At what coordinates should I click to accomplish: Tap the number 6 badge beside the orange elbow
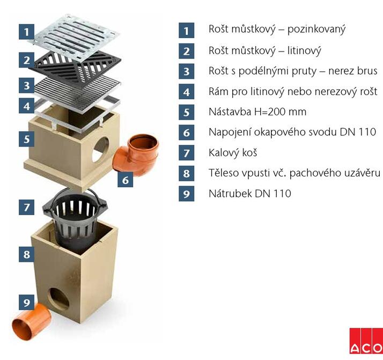point(126,180)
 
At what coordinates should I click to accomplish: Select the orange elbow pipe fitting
point(136,155)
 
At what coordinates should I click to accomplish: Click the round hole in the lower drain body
point(58,299)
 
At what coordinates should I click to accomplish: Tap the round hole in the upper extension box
point(100,149)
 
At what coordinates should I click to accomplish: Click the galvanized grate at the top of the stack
point(74,35)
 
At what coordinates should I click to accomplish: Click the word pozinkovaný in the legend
point(316,30)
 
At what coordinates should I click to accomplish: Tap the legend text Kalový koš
point(233,153)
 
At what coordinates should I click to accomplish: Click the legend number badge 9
point(186,194)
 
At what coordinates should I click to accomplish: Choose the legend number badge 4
point(186,92)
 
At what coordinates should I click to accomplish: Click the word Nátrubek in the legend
point(230,193)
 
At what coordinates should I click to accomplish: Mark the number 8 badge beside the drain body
point(27,254)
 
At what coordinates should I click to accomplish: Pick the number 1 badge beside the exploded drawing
point(27,32)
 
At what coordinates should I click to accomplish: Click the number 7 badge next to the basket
point(27,207)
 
